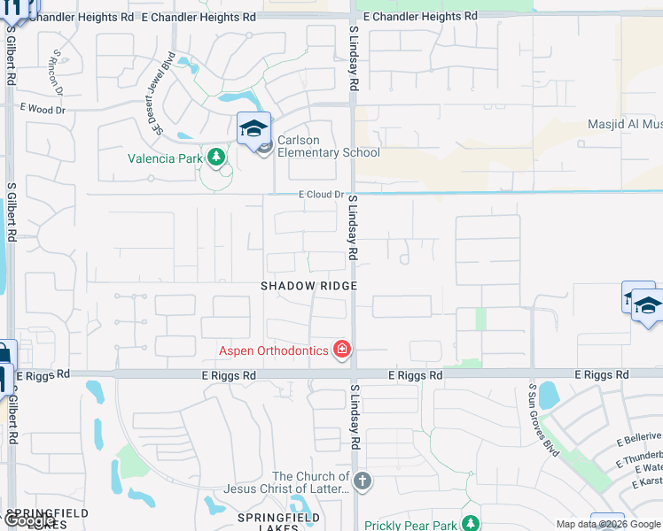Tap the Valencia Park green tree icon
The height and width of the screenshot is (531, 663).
click(x=215, y=158)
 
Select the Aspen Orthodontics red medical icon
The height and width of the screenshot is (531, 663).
click(x=342, y=350)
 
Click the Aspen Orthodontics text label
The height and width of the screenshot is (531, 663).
click(x=274, y=350)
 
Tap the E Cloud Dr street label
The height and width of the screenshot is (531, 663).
click(x=320, y=194)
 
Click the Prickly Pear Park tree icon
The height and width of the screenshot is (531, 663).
click(x=472, y=524)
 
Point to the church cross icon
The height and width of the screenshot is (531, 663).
click(x=362, y=481)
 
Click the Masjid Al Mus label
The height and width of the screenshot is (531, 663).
click(x=625, y=124)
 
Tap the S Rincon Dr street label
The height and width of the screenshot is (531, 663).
click(x=56, y=72)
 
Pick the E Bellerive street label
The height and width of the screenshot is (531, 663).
click(x=637, y=436)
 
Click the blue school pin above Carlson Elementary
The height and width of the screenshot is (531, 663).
click(x=253, y=129)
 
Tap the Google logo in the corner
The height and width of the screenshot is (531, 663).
click(x=31, y=519)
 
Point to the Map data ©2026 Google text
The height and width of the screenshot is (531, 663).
click(x=608, y=524)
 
